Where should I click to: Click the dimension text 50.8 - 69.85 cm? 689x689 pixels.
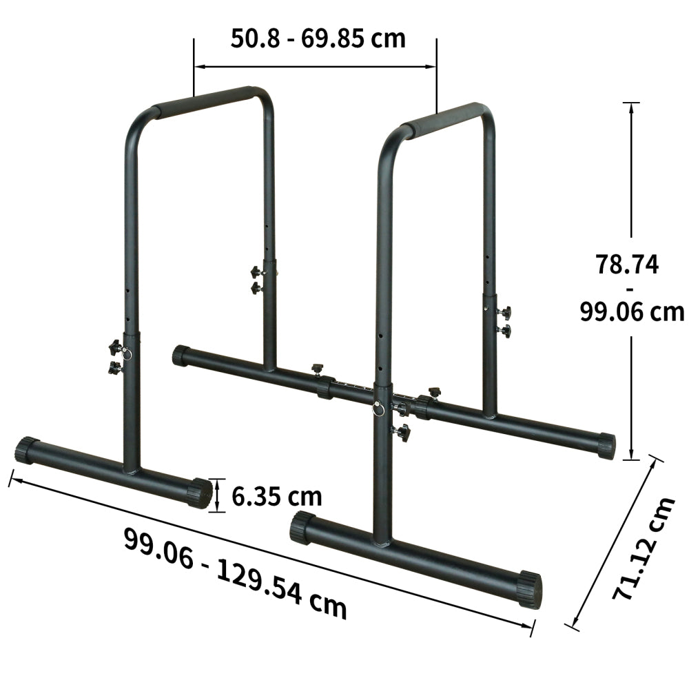pos(318,38)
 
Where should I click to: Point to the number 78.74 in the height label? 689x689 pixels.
pos(627,265)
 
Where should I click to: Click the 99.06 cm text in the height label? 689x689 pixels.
pos(631,311)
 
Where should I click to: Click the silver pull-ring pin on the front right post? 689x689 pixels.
pos(378,408)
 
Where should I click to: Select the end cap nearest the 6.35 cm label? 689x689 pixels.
pos(200,493)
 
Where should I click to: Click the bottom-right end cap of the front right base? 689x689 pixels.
pos(530,589)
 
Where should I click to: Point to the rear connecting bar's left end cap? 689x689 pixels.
pos(181,356)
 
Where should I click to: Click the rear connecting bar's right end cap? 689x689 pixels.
pos(606,445)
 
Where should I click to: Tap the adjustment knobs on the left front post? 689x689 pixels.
pos(114,356)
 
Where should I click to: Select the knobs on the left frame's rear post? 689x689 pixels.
pos(258,279)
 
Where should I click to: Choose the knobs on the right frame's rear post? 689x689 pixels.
pos(504,322)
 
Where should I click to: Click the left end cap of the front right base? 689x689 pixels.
pos(302,527)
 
